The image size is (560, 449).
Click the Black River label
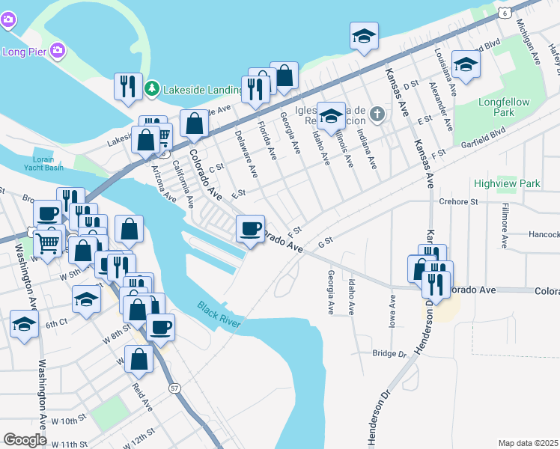click(x=219, y=314)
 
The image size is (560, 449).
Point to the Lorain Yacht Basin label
click(x=49, y=163)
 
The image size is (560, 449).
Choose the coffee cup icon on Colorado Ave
click(x=250, y=227)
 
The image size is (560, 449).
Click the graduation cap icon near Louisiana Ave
click(x=465, y=65)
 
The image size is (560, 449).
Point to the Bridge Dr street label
click(x=389, y=353)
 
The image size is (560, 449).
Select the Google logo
click(x=25, y=439)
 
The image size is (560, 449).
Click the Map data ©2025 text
click(x=528, y=443)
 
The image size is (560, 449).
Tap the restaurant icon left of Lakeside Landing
click(x=128, y=86)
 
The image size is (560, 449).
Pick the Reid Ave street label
click(x=142, y=397)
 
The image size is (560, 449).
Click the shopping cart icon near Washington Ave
click(x=49, y=242)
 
